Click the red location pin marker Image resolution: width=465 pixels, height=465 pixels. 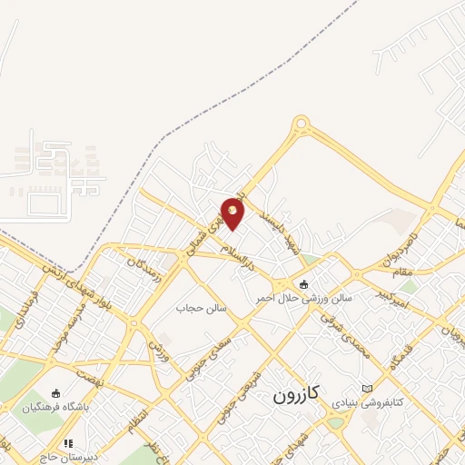click(233, 213)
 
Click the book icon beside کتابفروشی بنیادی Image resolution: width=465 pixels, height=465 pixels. click(367, 389)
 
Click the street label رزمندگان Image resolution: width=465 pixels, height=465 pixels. click(145, 267)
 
